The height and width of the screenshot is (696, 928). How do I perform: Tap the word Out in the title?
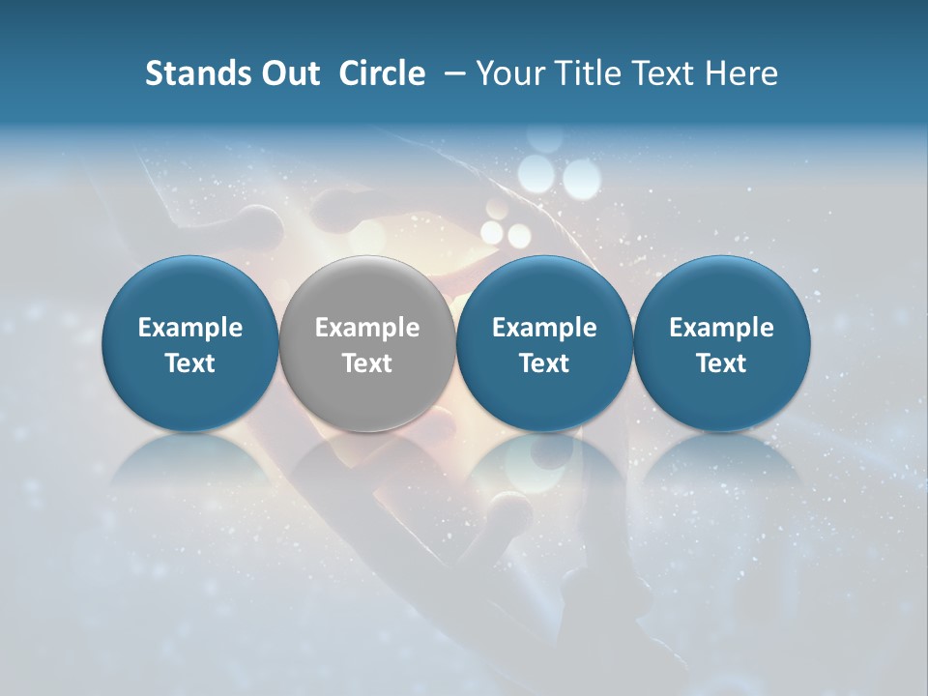287,73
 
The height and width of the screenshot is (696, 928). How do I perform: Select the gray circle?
367,343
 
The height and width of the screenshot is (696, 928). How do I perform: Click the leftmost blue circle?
189,343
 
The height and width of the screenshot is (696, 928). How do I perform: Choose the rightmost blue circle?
721,343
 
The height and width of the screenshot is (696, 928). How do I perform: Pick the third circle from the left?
544,343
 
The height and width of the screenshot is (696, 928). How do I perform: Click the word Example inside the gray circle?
367,328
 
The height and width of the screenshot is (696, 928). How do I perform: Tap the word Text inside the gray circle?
367,363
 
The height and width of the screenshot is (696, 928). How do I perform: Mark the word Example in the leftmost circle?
189,328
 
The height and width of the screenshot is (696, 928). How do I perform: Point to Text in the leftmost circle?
189,363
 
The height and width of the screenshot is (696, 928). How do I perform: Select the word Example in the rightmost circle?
721,328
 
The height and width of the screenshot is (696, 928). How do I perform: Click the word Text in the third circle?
544,363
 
